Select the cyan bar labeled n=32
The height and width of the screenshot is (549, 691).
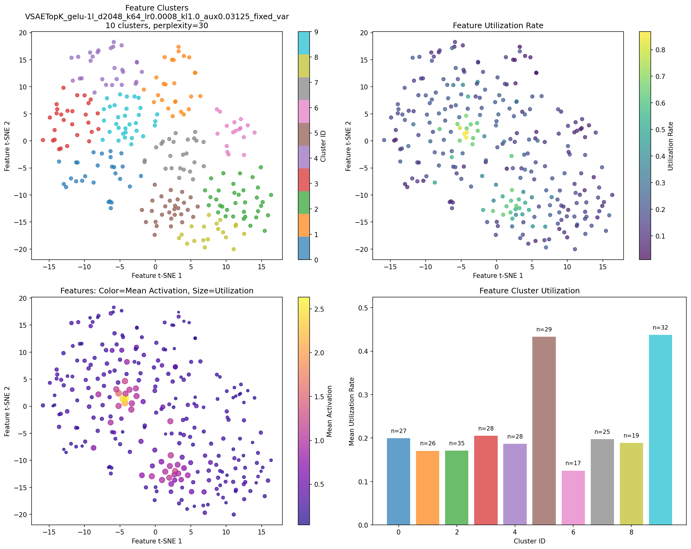(660, 430)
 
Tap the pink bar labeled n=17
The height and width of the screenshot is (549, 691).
(573, 497)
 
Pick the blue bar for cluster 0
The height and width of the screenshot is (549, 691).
(398, 481)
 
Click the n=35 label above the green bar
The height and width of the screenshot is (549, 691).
(457, 443)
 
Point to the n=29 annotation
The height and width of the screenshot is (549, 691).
(544, 329)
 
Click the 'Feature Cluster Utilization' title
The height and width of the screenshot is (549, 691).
(530, 291)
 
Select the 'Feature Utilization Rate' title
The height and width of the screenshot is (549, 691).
(498, 25)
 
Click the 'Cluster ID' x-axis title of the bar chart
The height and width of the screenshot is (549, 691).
(530, 541)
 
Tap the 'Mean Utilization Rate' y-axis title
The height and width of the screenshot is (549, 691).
(352, 411)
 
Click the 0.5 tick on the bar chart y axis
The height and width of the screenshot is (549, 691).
(365, 308)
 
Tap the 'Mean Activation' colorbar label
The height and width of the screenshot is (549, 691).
(329, 411)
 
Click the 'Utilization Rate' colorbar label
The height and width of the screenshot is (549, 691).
(671, 146)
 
